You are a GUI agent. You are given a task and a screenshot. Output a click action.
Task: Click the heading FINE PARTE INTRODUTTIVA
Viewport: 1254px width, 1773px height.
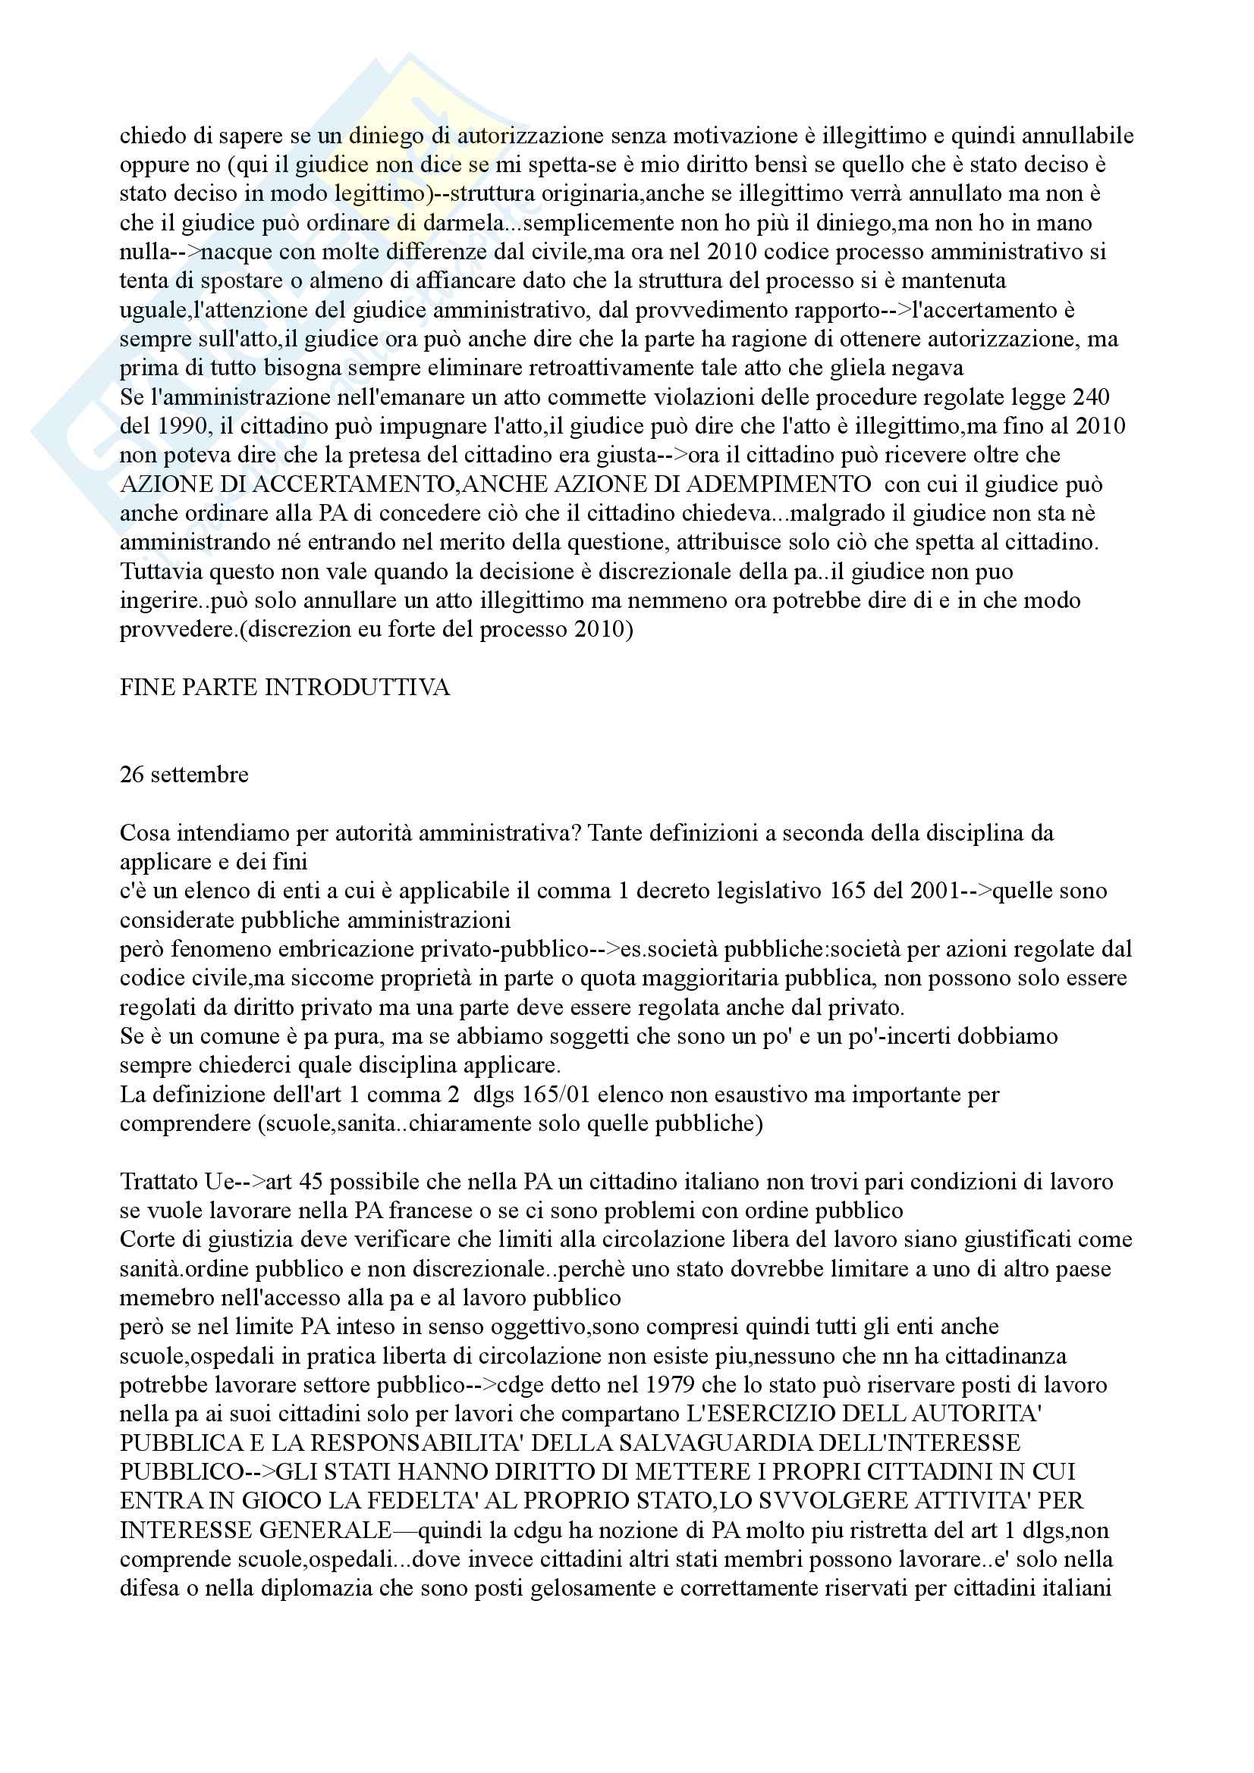click(x=284, y=688)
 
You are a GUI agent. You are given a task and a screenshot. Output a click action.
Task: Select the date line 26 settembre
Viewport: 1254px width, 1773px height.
click(x=184, y=775)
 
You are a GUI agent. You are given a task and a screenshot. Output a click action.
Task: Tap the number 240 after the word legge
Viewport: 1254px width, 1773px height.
click(x=1090, y=397)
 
